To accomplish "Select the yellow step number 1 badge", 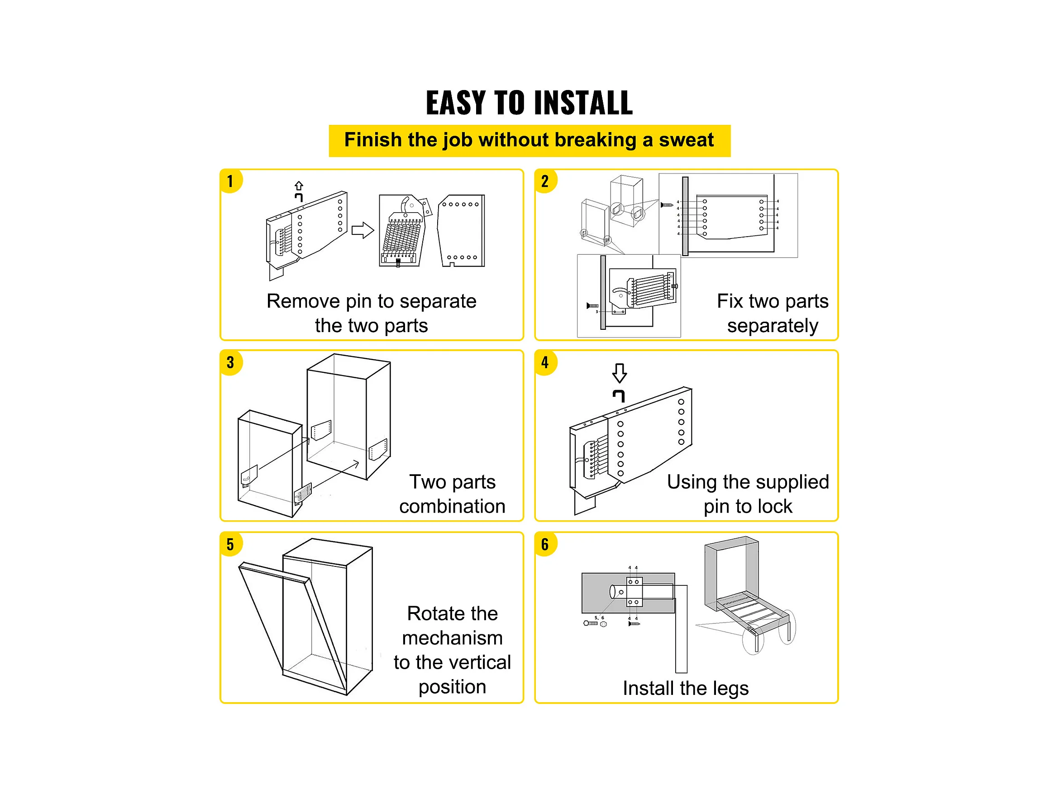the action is coord(231,181).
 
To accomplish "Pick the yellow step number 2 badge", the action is coord(545,181).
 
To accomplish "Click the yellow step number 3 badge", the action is coord(231,362).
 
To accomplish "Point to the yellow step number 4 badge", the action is coord(545,362).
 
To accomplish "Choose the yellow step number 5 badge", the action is coord(231,544).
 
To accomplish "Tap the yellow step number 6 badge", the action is coord(545,544).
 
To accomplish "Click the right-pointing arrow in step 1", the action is coord(363,230).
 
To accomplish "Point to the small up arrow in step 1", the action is coord(299,185).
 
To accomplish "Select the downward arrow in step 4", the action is coord(620,373).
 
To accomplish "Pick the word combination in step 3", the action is coord(453,506).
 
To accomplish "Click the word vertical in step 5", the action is coord(481,662).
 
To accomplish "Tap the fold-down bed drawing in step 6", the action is coord(747,596).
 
